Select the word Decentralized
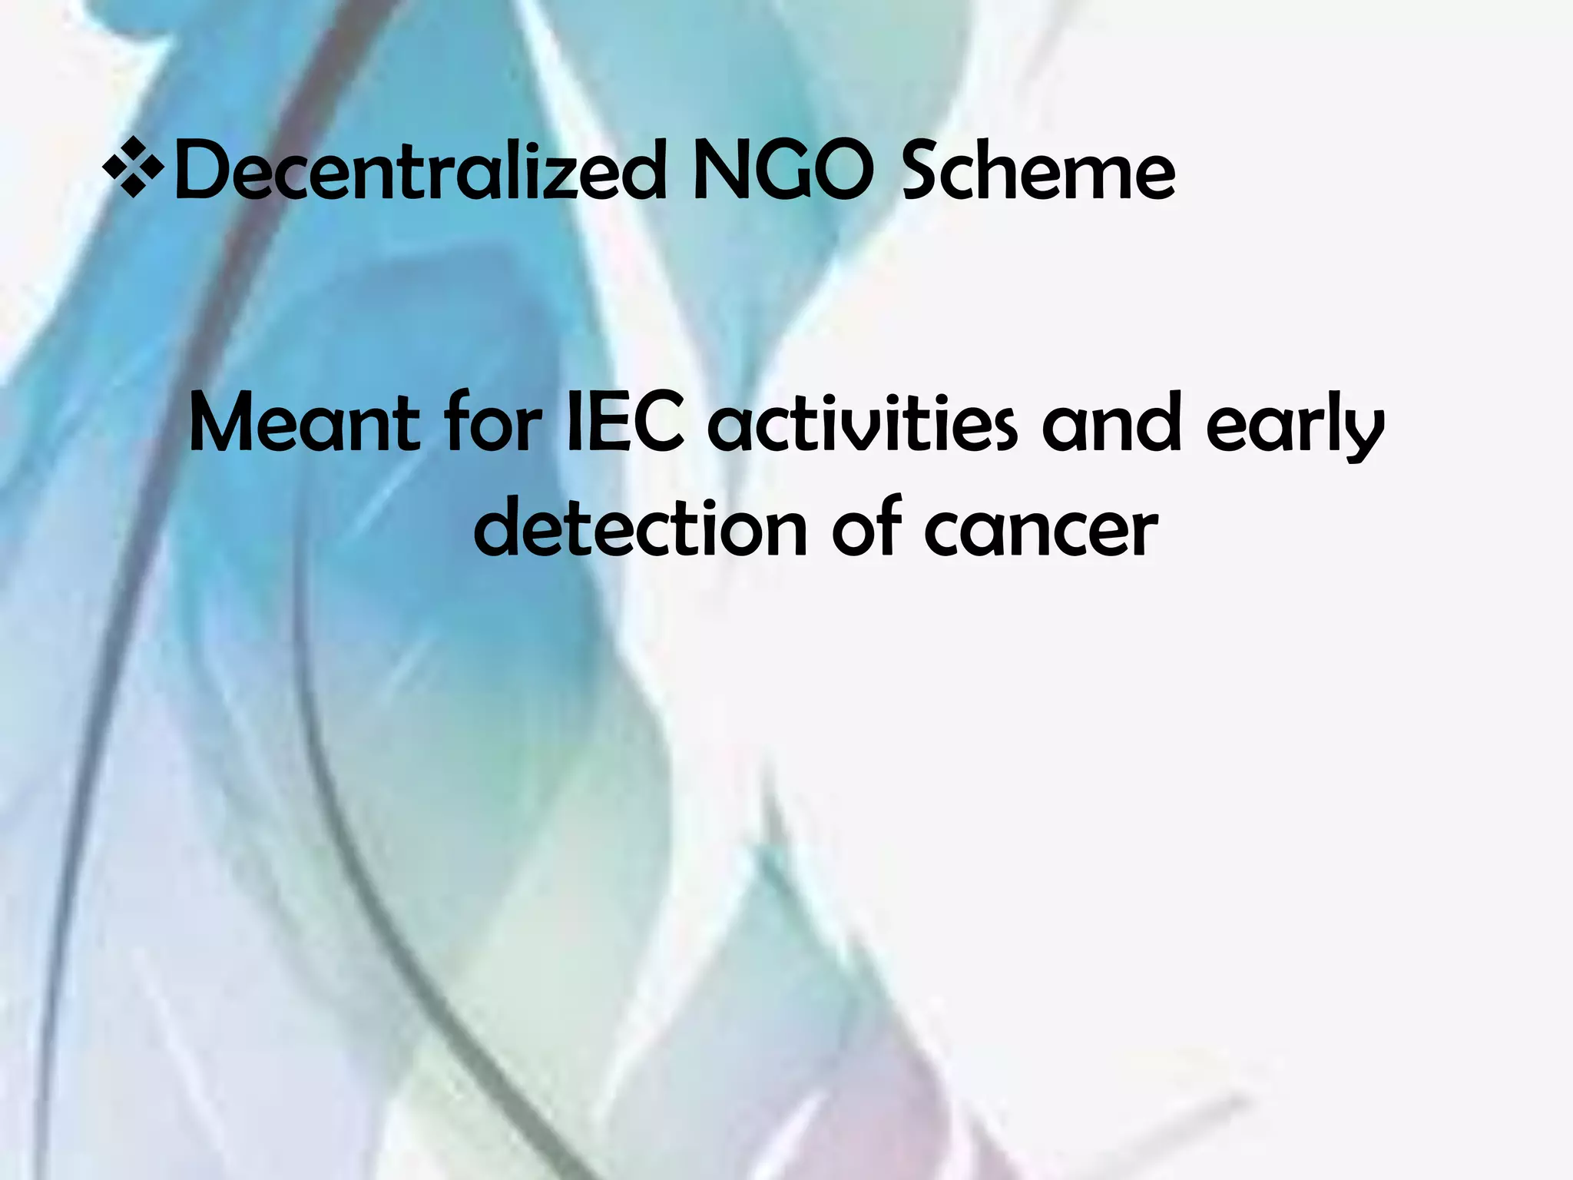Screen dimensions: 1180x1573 tap(419, 172)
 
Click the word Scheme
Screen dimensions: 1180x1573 tap(1037, 172)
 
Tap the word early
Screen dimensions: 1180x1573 tap(1295, 430)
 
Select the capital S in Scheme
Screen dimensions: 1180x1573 tap(921, 172)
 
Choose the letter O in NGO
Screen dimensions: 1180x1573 tap(842, 172)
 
